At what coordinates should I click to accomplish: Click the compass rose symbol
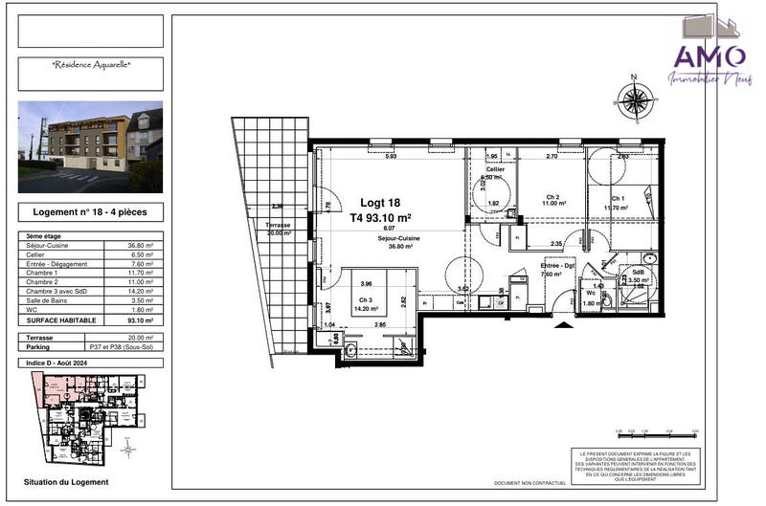coord(634,99)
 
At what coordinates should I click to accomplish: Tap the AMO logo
coord(710,55)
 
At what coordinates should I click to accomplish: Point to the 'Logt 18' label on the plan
coord(380,203)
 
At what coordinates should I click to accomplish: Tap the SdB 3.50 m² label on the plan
coord(639,277)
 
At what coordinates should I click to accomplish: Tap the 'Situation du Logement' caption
coord(66,482)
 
